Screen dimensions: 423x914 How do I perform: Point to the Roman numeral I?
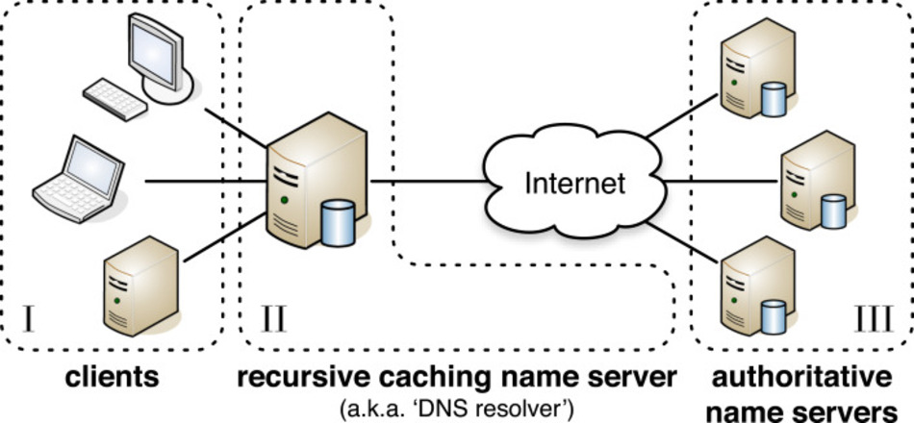[x=29, y=318]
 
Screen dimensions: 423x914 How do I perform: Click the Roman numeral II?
[x=274, y=318]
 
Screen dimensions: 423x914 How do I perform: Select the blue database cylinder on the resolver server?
[x=336, y=223]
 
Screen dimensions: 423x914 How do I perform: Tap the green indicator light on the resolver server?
[x=284, y=200]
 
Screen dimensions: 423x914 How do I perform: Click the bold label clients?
[x=112, y=377]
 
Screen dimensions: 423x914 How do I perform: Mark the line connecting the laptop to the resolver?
[x=207, y=181]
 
